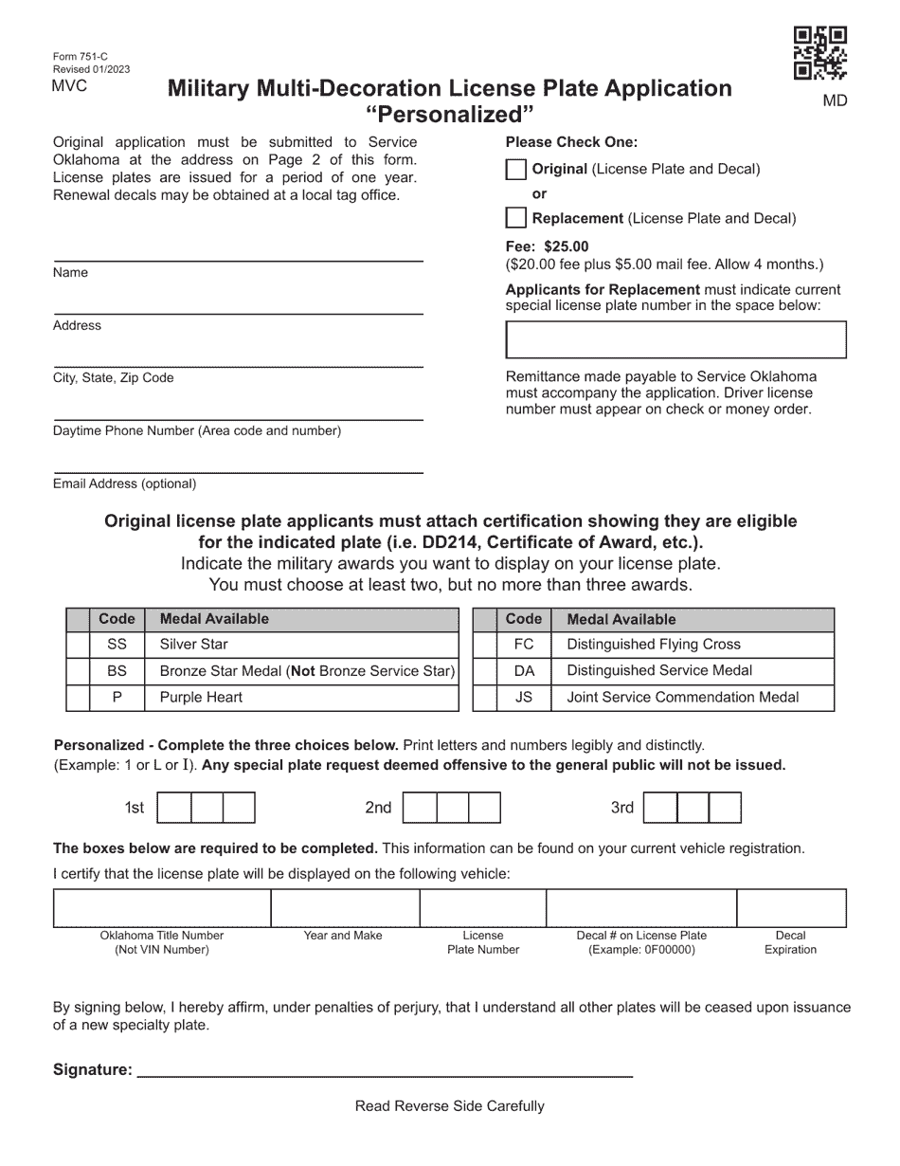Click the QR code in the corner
pyautogui.click(x=819, y=53)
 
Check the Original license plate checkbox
pyautogui.click(x=515, y=170)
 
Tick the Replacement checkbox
pyautogui.click(x=515, y=218)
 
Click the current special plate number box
pyautogui.click(x=676, y=339)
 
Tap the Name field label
pyautogui.click(x=70, y=273)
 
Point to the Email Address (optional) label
pyautogui.click(x=124, y=483)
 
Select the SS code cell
pyautogui.click(x=117, y=645)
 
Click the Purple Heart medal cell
pyautogui.click(x=300, y=698)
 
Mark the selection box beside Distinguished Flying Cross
pyautogui.click(x=484, y=645)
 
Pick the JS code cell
pyautogui.click(x=523, y=698)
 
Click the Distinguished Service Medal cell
pyautogui.click(x=693, y=671)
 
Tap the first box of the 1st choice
pyautogui.click(x=173, y=808)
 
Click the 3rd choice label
pyautogui.click(x=621, y=808)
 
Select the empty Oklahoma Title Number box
pyautogui.click(x=162, y=908)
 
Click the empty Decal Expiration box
pyautogui.click(x=791, y=908)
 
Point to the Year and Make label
pyautogui.click(x=343, y=936)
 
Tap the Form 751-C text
pyautogui.click(x=80, y=57)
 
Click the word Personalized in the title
pyautogui.click(x=450, y=116)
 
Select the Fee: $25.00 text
pyautogui.click(x=547, y=246)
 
